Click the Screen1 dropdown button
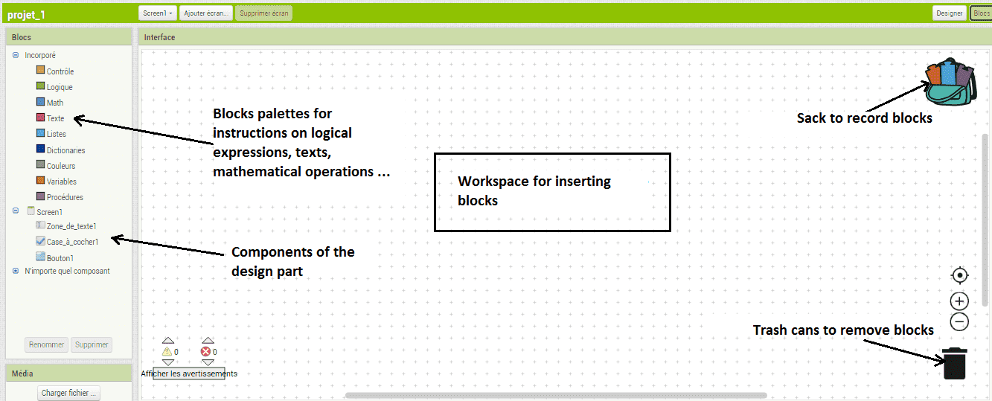tap(157, 13)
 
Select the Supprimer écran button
tap(264, 13)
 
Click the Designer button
tap(949, 13)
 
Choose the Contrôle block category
tap(55, 71)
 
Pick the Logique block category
tap(54, 87)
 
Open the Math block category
tap(50, 102)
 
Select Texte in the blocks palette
tap(51, 118)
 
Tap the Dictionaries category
tap(61, 150)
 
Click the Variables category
tap(57, 181)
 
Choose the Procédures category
tap(60, 196)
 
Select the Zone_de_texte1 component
tap(66, 225)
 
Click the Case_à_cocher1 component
tap(67, 241)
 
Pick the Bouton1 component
tap(55, 257)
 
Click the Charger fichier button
tap(68, 393)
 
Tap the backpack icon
tap(950, 82)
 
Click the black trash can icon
tap(954, 363)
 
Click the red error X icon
tap(205, 351)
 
